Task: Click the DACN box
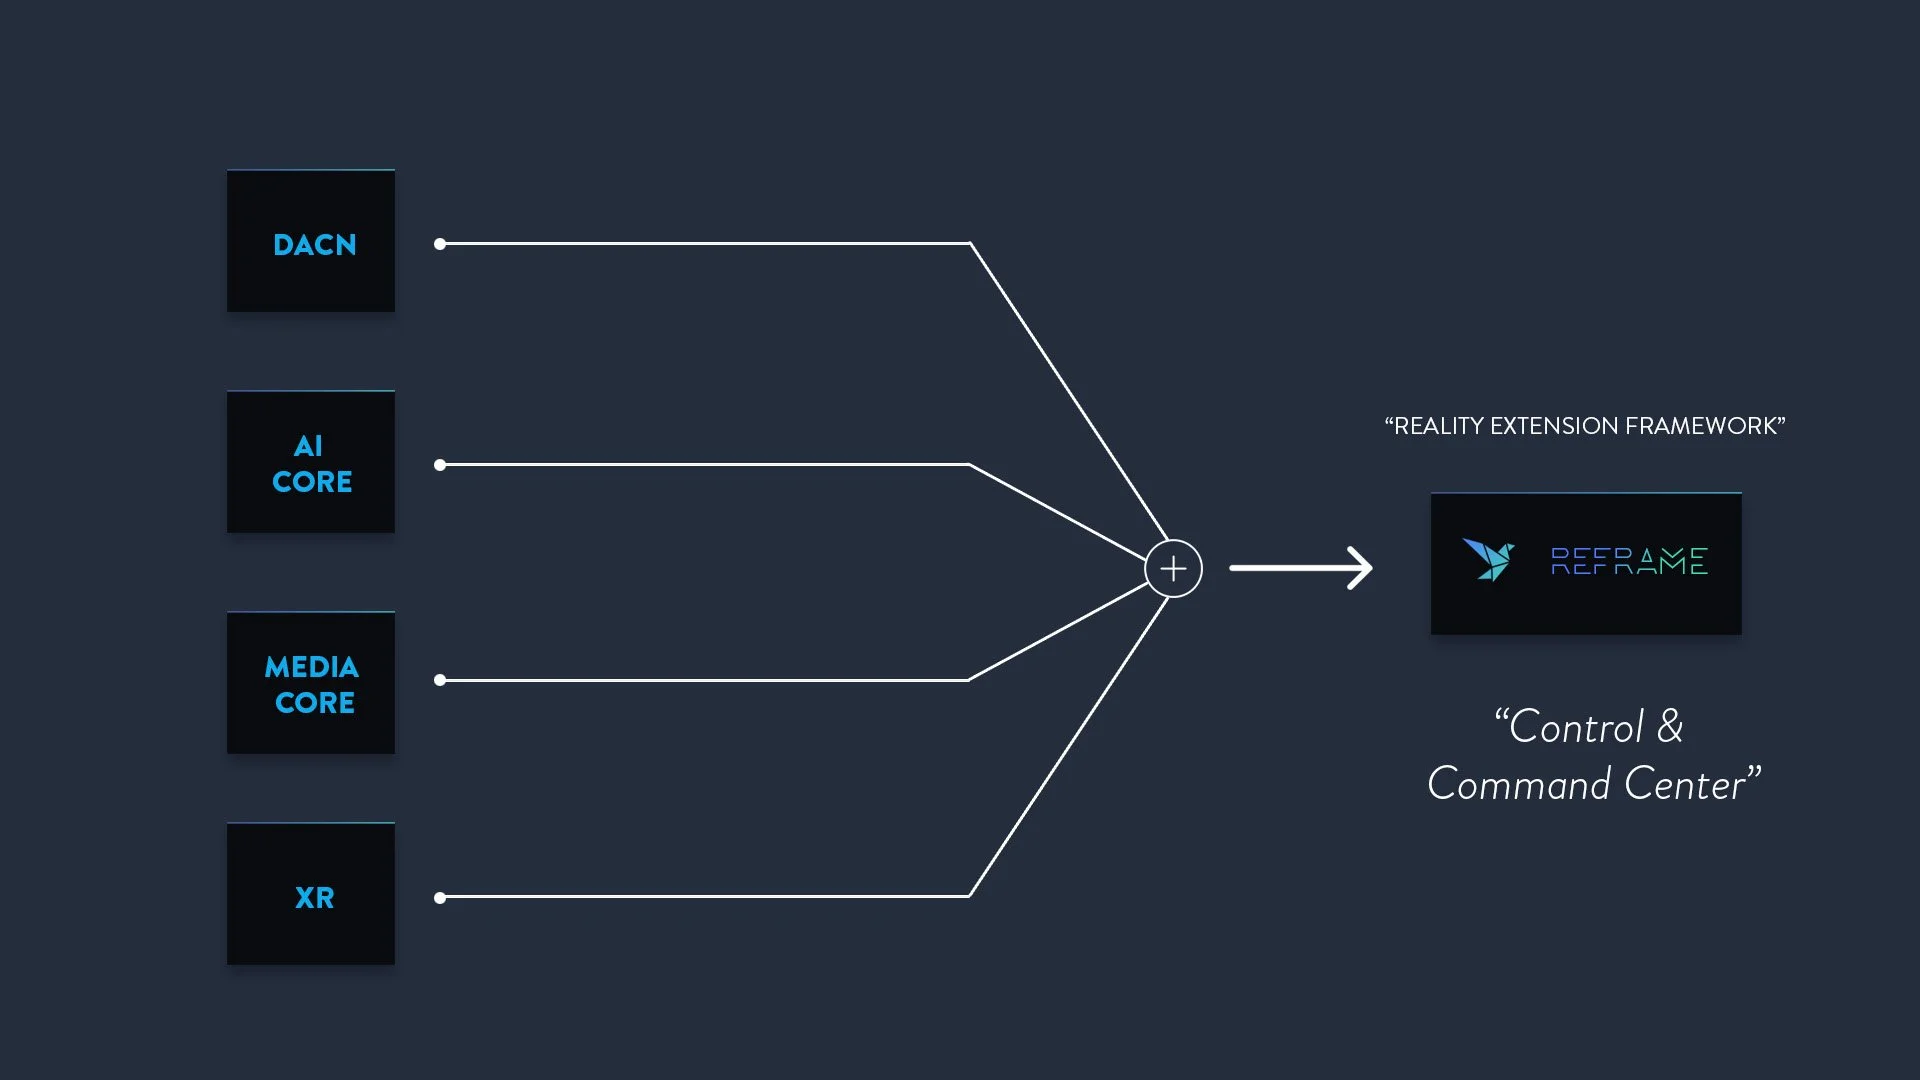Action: (311, 241)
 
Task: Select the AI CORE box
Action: (311, 462)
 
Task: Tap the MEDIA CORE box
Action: (311, 683)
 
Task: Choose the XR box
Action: (311, 894)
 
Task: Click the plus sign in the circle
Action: (1173, 568)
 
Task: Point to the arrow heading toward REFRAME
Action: (1300, 568)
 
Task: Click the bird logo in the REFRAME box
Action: (1488, 560)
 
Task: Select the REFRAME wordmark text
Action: (1629, 561)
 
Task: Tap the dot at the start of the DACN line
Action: (440, 244)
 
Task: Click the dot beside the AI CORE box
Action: (440, 465)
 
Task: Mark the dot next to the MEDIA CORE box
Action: (440, 680)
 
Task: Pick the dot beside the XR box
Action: (440, 898)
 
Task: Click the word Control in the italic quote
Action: (1576, 727)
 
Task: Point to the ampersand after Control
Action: (1670, 727)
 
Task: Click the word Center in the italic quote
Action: (1685, 784)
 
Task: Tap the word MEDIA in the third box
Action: (311, 667)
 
